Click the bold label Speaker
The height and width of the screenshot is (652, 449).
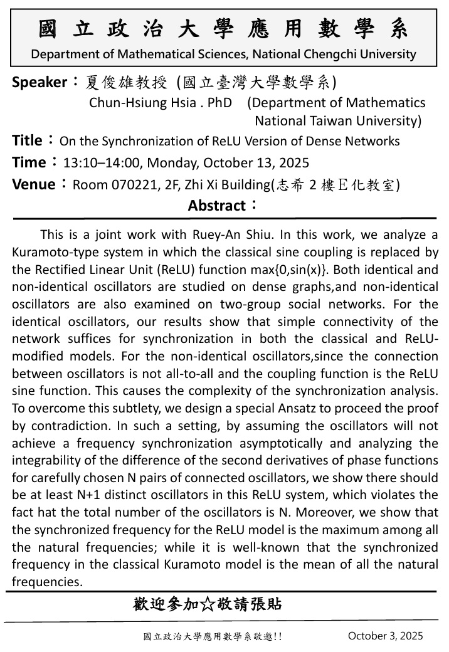pyautogui.click(x=38, y=82)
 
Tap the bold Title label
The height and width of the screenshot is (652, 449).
pyautogui.click(x=28, y=140)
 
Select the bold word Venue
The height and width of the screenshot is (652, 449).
pyautogui.click(x=33, y=184)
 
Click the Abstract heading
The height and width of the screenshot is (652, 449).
pyautogui.click(x=217, y=205)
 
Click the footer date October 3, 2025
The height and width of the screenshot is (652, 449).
pyautogui.click(x=385, y=636)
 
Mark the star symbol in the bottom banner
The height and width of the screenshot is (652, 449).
pyautogui.click(x=208, y=604)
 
